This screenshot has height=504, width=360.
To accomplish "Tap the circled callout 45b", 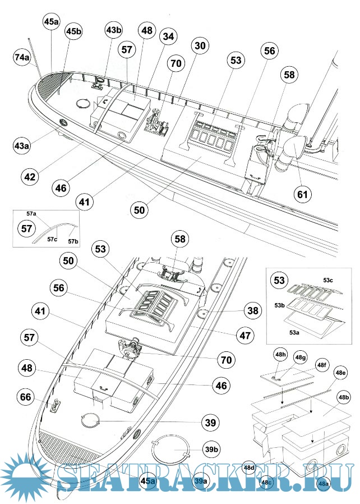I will [x=73, y=31].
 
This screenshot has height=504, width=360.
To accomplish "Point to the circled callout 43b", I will [x=114, y=30].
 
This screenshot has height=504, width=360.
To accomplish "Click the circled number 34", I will [x=167, y=35].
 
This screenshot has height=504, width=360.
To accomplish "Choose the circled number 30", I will [x=199, y=45].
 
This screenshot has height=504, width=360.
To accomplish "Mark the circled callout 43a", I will [x=22, y=146].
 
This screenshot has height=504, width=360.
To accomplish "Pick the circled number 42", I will [x=30, y=176].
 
